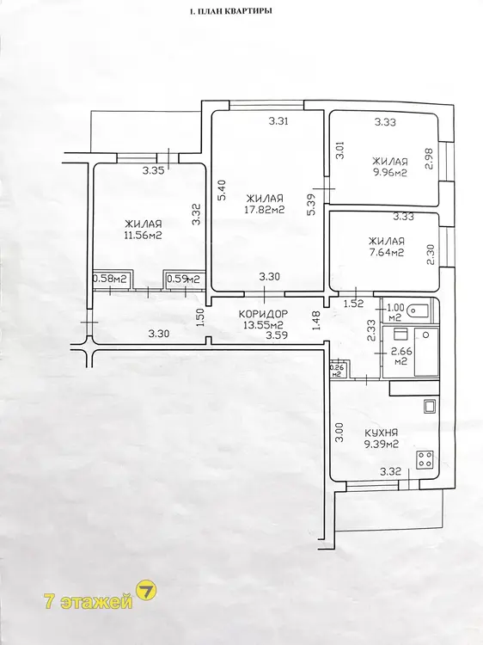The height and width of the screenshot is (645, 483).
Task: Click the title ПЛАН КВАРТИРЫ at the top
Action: click(x=235, y=11)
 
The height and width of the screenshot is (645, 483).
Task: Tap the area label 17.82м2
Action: click(x=265, y=209)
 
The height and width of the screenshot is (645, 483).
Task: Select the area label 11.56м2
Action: click(x=143, y=236)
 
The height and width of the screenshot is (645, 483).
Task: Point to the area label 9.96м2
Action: click(x=389, y=173)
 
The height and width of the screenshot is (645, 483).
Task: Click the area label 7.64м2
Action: click(x=387, y=252)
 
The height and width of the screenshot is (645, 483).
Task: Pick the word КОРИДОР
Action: click(x=264, y=314)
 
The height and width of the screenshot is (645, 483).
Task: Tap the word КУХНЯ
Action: click(x=381, y=433)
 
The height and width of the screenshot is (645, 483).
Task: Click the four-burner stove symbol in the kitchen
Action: click(x=425, y=460)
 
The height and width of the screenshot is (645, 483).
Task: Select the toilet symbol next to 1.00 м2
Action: click(x=418, y=311)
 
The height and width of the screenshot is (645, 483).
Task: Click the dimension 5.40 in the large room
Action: click(x=222, y=190)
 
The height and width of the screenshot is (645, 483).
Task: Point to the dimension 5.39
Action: click(x=312, y=205)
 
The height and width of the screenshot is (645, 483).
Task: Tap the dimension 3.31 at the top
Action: click(x=278, y=121)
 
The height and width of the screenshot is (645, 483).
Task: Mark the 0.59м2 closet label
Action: click(x=183, y=279)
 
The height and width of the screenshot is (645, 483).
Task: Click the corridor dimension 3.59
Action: click(x=277, y=335)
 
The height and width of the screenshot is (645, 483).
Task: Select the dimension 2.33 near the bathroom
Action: click(x=371, y=331)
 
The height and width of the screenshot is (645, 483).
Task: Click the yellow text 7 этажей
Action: click(x=89, y=602)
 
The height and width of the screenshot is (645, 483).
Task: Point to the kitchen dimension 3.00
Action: click(x=339, y=433)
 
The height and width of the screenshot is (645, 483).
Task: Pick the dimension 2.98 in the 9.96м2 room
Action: click(x=431, y=158)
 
